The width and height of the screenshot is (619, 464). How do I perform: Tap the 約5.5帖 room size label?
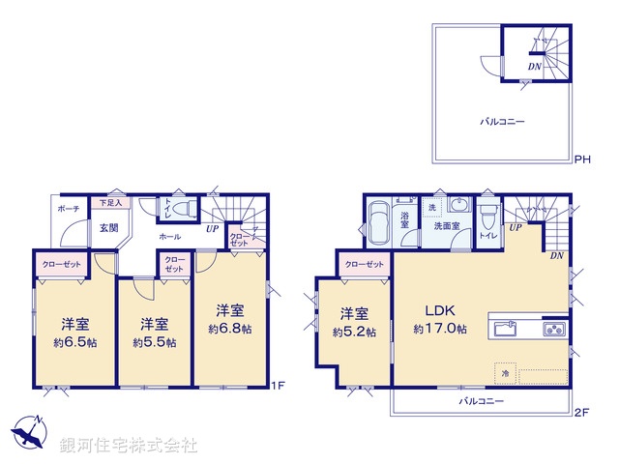[x=155, y=342]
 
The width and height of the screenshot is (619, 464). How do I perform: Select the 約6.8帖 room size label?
[x=229, y=329]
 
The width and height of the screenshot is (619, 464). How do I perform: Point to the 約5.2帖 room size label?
[x=354, y=332]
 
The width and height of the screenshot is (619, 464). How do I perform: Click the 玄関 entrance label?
[x=108, y=228]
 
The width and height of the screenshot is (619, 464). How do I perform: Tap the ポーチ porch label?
[x=68, y=208]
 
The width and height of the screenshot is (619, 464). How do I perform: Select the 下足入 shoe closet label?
[x=109, y=204]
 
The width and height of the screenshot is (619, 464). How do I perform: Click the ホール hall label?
[x=169, y=235]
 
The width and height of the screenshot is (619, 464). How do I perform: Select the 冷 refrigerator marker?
[x=504, y=370]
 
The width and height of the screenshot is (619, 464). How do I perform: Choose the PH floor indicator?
[x=582, y=159]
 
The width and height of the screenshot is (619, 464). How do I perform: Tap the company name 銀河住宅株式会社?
[x=128, y=446]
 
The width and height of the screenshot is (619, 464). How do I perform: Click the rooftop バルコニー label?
[x=499, y=123]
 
